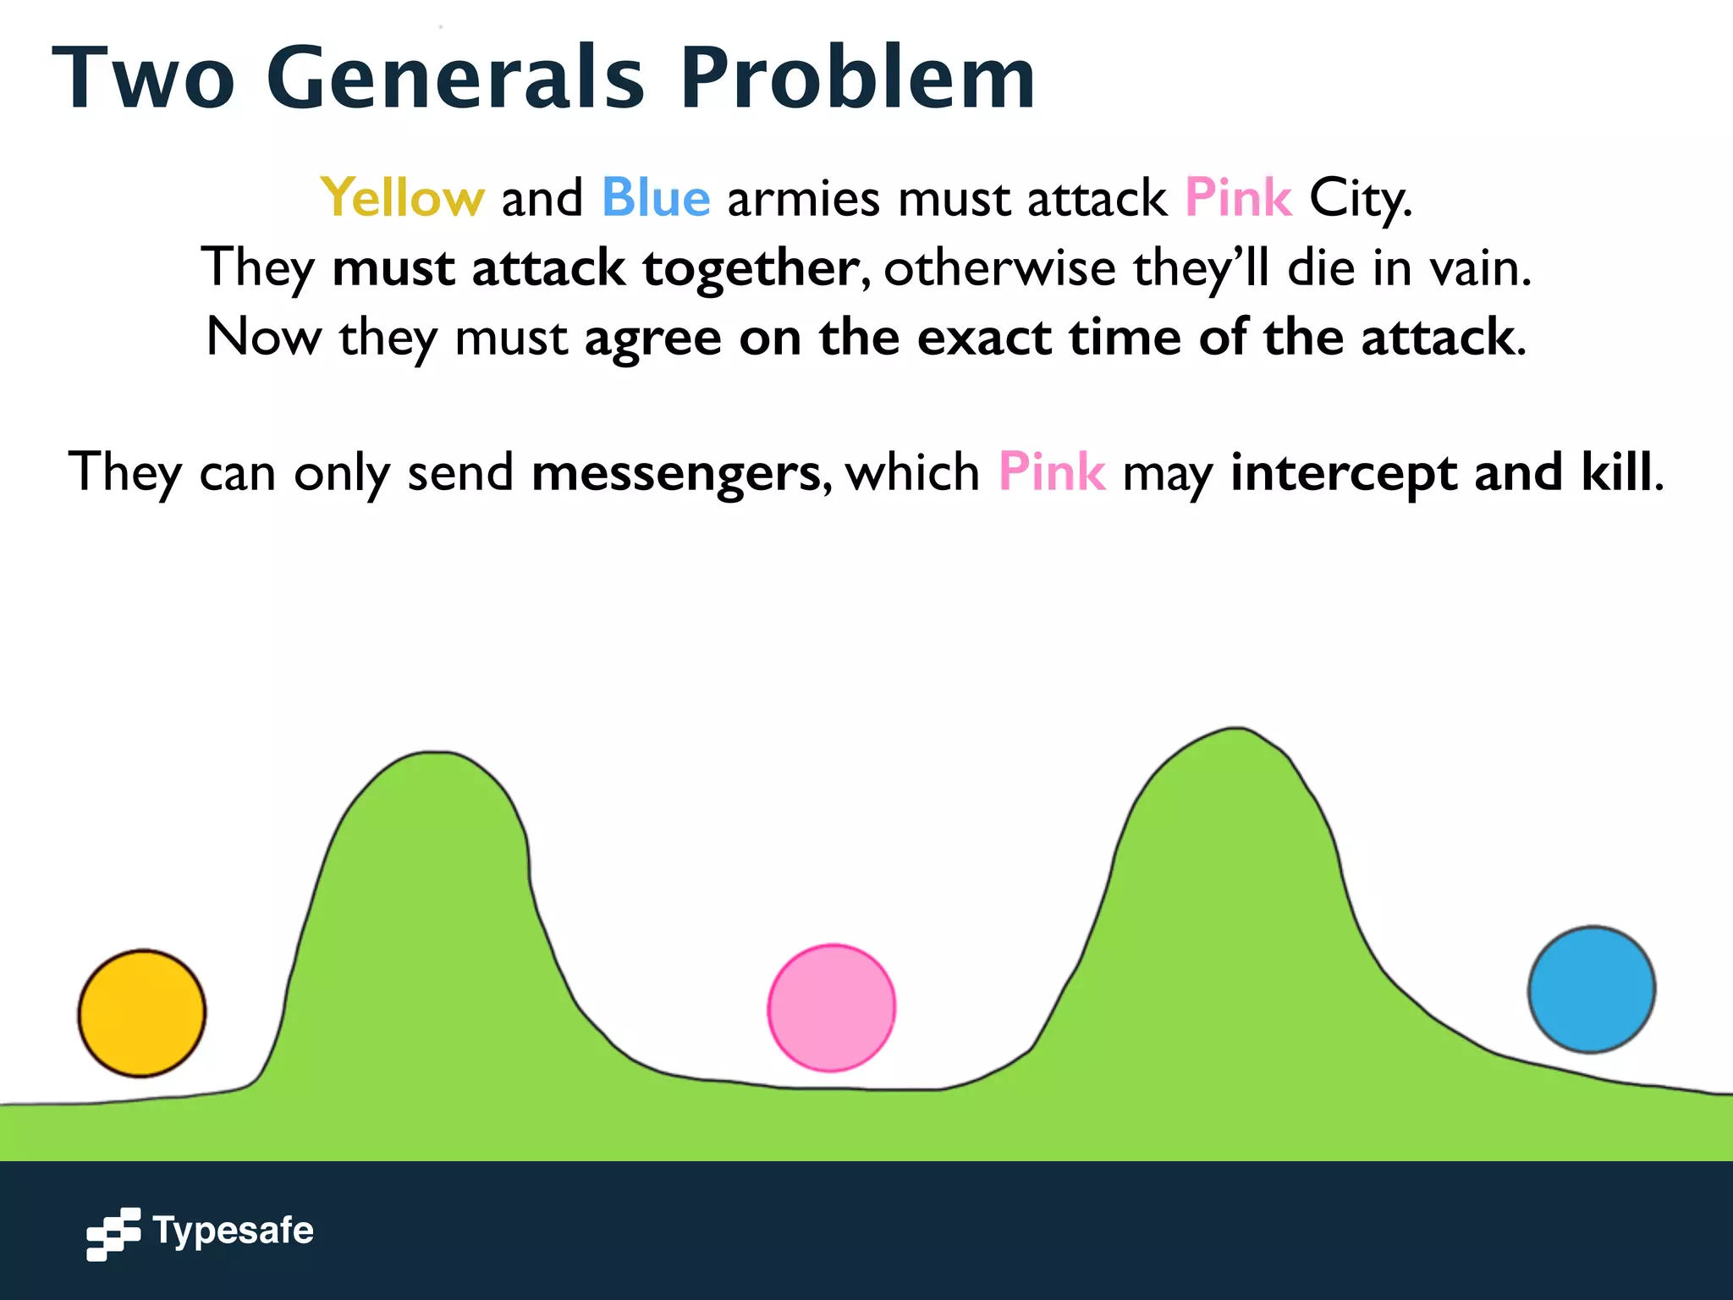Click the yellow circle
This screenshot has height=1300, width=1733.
pos(142,1013)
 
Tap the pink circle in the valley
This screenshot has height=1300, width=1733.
pos(831,1008)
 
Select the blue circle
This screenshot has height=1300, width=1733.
pos(1591,989)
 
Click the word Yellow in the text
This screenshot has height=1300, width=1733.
pos(402,198)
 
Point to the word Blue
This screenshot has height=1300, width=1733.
pos(656,198)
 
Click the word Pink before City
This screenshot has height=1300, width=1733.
pos(1238,198)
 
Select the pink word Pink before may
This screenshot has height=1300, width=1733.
pos(1052,471)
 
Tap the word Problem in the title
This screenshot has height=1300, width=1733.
pos(857,78)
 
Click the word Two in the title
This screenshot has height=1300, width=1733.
pos(144,78)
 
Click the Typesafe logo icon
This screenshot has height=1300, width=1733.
pos(113,1233)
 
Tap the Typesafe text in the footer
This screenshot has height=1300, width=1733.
pos(234,1231)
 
